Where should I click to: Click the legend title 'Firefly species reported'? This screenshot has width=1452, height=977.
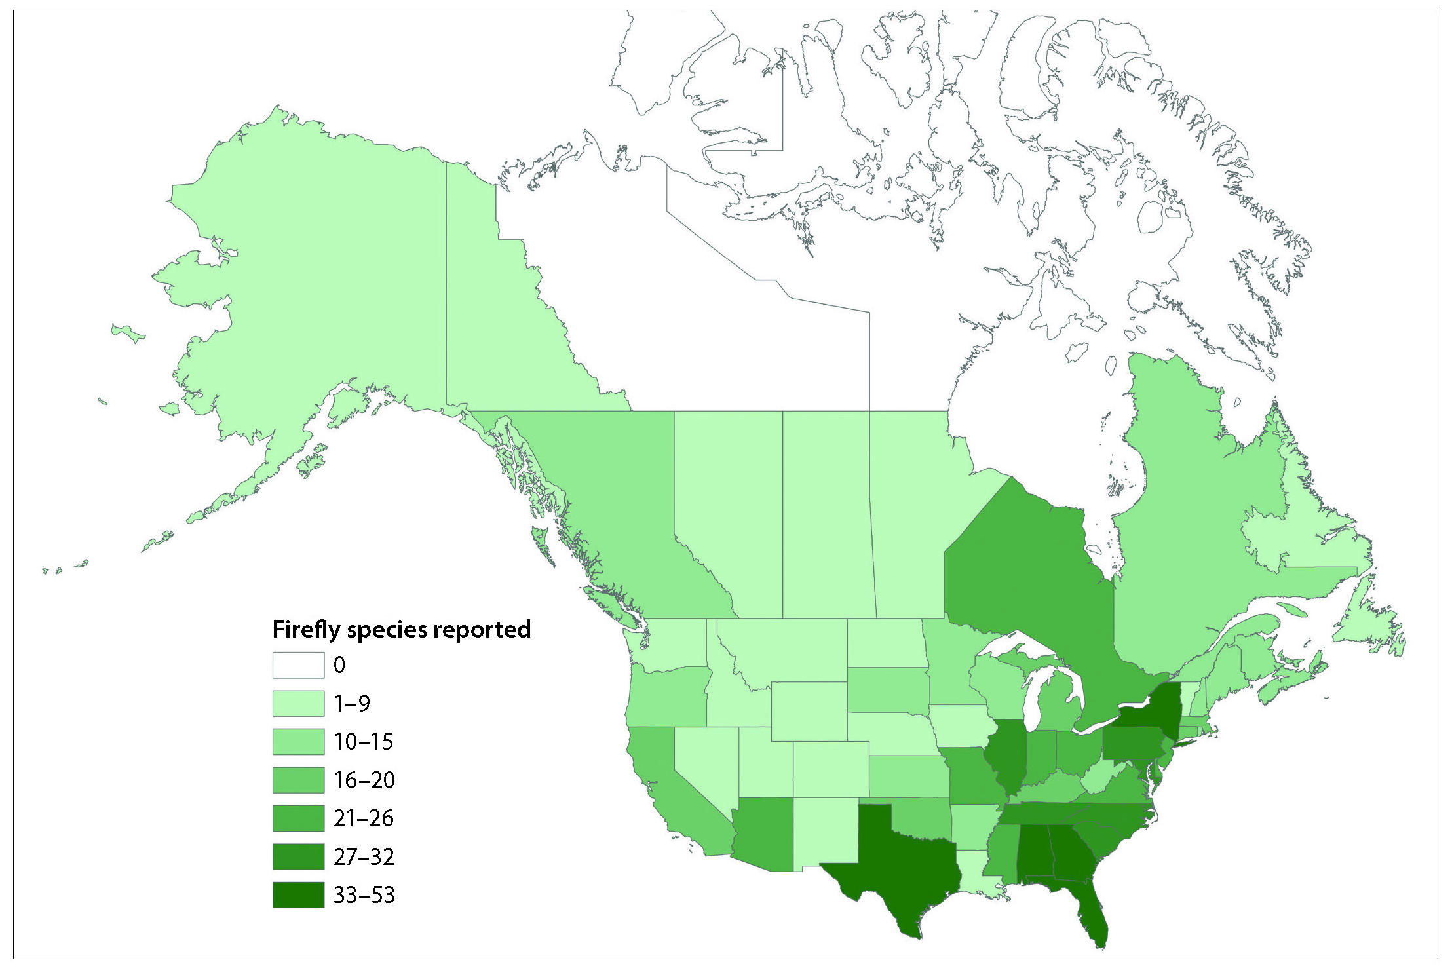coord(401,629)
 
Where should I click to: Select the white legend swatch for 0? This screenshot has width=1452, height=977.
coord(298,665)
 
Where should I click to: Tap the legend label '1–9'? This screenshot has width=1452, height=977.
coord(352,704)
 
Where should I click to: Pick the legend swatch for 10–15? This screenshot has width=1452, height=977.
coord(298,742)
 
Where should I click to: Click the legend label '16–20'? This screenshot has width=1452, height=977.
coord(364,780)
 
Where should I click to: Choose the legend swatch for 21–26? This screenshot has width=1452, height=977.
coord(298,818)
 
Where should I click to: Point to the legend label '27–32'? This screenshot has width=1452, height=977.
coord(364,857)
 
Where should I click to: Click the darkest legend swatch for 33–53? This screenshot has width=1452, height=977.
coord(298,895)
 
